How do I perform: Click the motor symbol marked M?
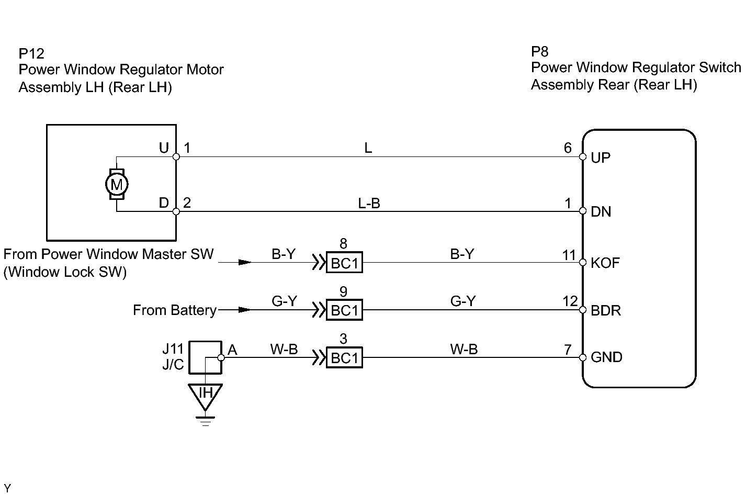117,184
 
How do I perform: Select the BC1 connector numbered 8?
344,263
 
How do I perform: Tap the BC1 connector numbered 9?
344,310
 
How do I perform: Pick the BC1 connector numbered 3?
344,358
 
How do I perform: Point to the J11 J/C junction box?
205,357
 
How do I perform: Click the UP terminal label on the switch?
600,157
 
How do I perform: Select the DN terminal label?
601,211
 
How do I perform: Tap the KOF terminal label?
605,263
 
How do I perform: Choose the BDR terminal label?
605,310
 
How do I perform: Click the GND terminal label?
606,357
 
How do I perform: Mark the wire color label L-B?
369,203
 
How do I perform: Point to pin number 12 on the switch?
570,301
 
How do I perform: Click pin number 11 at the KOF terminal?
569,255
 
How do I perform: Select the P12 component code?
31,53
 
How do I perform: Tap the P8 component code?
540,51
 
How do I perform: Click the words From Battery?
174,310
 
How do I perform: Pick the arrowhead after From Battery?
244,310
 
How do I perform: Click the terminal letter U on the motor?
164,148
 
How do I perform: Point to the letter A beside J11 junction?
232,350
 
